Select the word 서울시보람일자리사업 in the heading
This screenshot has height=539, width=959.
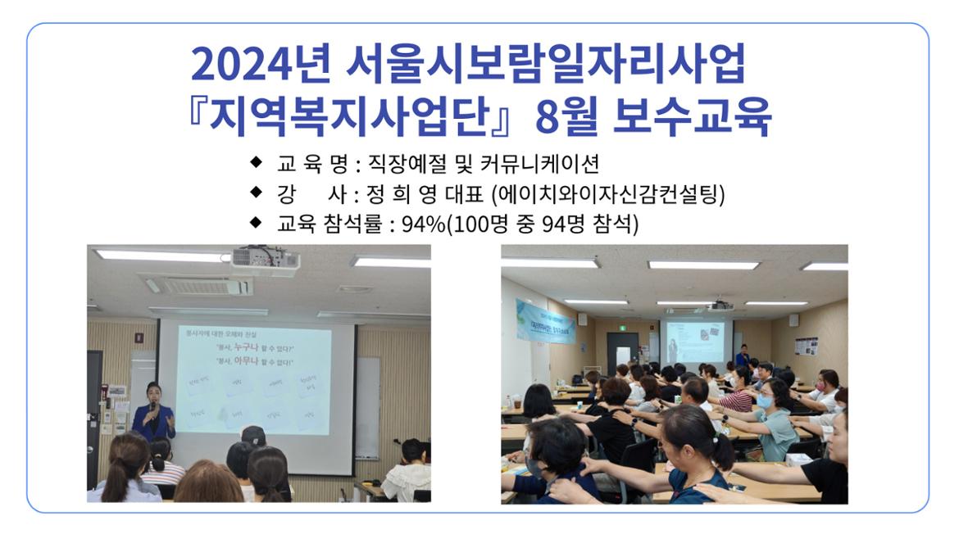(x=547, y=66)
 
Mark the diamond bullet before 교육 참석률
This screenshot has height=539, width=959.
(x=257, y=221)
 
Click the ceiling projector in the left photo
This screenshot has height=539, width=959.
(x=264, y=260)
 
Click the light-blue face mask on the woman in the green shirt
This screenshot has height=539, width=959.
(x=764, y=402)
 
